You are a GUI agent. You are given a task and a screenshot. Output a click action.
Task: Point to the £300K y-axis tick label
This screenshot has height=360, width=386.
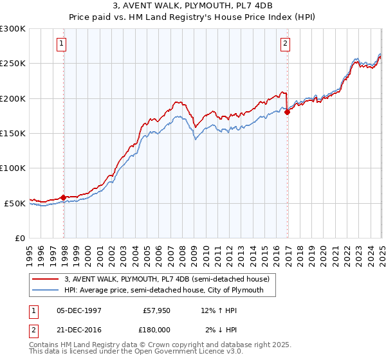click(x=13, y=29)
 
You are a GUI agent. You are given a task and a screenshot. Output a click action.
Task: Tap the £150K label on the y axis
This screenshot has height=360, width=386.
click(x=13, y=133)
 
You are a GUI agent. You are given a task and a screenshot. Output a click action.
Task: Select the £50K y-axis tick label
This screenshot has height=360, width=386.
click(x=15, y=203)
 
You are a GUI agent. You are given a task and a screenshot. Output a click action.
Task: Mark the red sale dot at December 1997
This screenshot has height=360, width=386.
click(x=64, y=197)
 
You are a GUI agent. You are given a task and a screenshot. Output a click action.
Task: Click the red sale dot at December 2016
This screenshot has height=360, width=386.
click(x=287, y=113)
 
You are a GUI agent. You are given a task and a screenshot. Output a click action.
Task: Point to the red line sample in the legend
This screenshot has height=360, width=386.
click(x=46, y=279)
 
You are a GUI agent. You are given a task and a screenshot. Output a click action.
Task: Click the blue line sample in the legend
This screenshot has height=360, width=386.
click(x=46, y=291)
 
